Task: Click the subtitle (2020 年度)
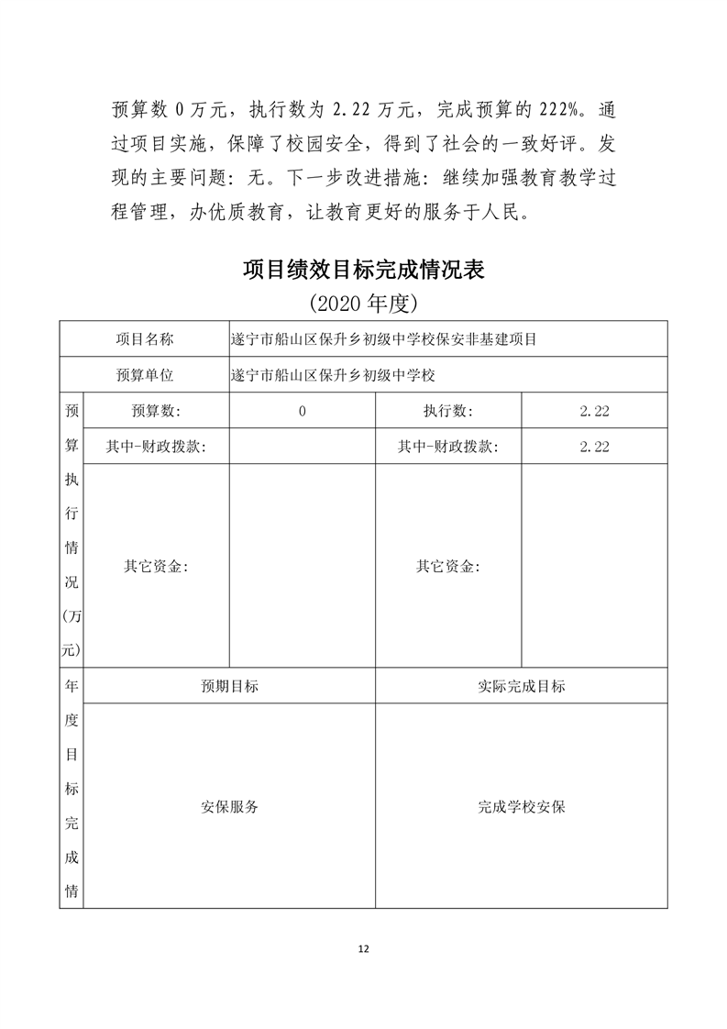(x=363, y=302)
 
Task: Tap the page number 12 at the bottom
(x=363, y=948)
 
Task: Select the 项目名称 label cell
(x=144, y=339)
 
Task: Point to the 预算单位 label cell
(x=144, y=375)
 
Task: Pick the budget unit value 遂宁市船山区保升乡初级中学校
(x=332, y=375)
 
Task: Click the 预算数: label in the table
(x=156, y=412)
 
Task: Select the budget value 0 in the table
(x=302, y=412)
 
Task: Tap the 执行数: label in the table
(x=447, y=412)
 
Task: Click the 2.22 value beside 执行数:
(x=594, y=412)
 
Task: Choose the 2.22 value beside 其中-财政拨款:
(x=594, y=447)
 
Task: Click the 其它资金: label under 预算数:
(x=156, y=566)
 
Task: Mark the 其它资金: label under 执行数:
(x=447, y=566)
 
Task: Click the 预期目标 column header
(x=229, y=686)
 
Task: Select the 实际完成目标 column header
(x=521, y=686)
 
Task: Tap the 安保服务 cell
(x=229, y=807)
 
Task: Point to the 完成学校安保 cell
(x=521, y=807)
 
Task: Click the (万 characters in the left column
(x=71, y=616)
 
